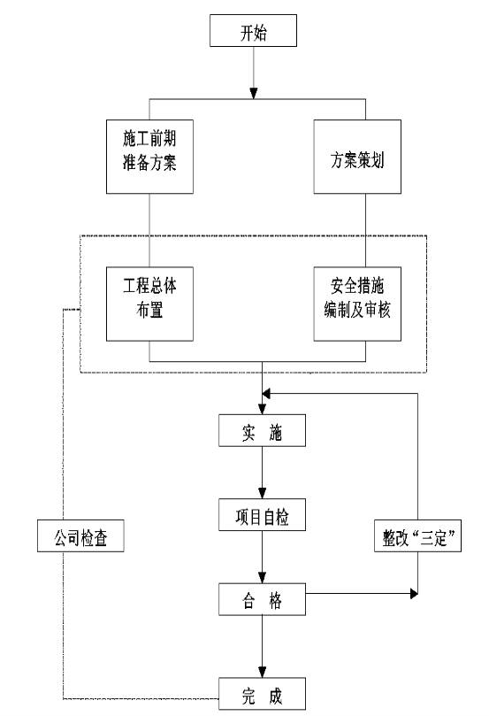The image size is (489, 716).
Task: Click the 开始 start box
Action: tap(253, 31)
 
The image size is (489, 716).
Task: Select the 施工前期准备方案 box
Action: tap(149, 157)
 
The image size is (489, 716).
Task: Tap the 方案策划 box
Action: tap(357, 157)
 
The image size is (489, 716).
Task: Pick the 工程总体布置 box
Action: tap(149, 304)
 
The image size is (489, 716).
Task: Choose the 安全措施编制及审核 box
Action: tap(357, 304)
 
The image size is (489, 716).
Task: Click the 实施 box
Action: tap(262, 430)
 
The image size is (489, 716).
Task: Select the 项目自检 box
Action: tap(262, 514)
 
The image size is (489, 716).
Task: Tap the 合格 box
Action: tap(262, 599)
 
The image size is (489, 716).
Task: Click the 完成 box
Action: tap(262, 694)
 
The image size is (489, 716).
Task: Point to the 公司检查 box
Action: tap(80, 535)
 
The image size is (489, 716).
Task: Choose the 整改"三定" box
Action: tap(418, 535)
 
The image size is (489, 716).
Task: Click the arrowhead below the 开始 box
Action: tap(254, 93)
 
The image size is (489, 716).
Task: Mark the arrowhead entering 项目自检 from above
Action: tap(263, 493)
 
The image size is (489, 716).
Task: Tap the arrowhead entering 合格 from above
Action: tap(263, 577)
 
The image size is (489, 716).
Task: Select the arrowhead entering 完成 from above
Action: tap(263, 672)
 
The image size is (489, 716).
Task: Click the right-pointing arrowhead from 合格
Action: tap(414, 594)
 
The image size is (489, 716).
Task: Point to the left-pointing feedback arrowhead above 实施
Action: tap(266, 394)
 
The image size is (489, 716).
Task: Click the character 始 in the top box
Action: tap(260, 33)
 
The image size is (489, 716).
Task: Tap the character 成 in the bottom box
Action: tap(276, 696)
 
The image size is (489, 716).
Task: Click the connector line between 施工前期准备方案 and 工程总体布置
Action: tap(149, 231)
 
